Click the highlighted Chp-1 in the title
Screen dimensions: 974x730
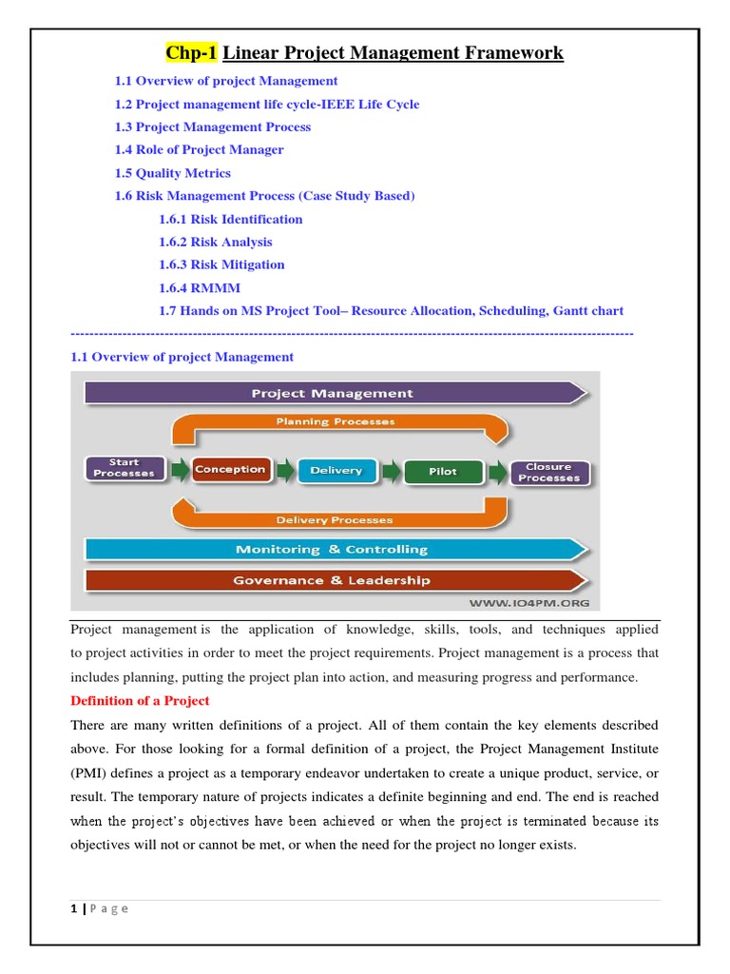tap(193, 52)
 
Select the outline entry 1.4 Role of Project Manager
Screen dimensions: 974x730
tap(199, 149)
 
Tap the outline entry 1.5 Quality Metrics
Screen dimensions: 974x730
tap(172, 173)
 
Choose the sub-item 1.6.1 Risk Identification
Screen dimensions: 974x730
tap(230, 219)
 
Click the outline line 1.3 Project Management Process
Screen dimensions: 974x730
tap(212, 127)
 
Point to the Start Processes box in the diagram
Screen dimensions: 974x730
tap(124, 468)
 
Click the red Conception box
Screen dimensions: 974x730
tap(230, 469)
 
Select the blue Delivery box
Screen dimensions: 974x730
tap(336, 470)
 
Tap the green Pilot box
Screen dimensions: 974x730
tap(442, 471)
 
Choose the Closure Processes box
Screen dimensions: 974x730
tap(549, 472)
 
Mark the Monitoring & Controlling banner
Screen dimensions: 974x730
tap(333, 549)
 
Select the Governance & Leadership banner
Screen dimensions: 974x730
tap(333, 580)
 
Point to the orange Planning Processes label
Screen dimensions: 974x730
tap(335, 421)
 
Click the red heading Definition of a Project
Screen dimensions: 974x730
tap(140, 700)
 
